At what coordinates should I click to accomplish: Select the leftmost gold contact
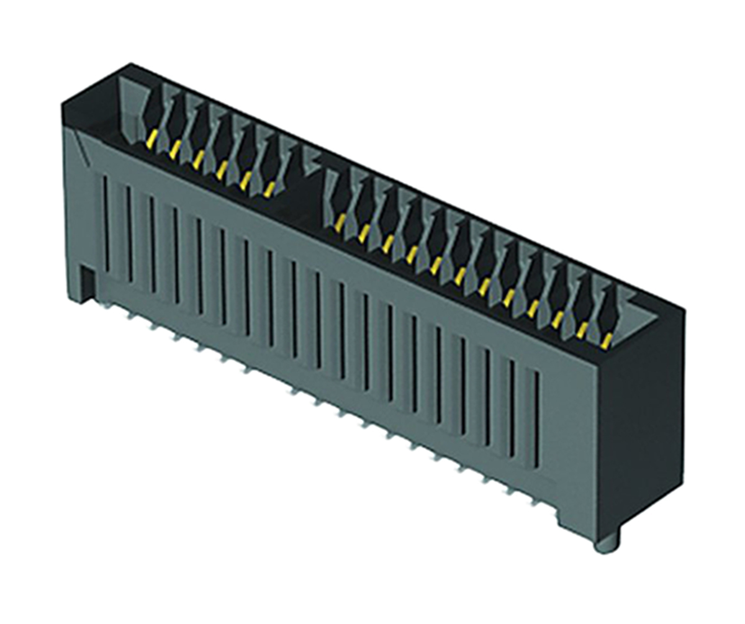[151, 138]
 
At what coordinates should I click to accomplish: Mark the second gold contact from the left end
[176, 148]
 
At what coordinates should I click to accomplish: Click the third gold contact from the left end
[199, 159]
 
